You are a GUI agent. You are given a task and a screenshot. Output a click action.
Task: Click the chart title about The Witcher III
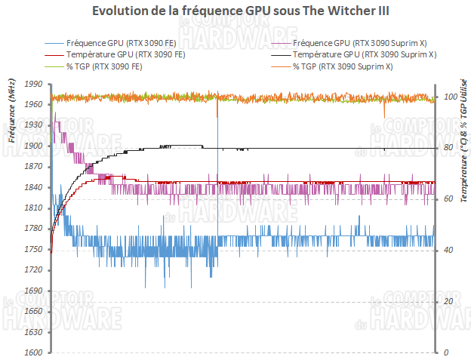[235, 12]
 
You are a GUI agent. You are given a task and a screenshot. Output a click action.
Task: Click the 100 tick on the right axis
[450, 97]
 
